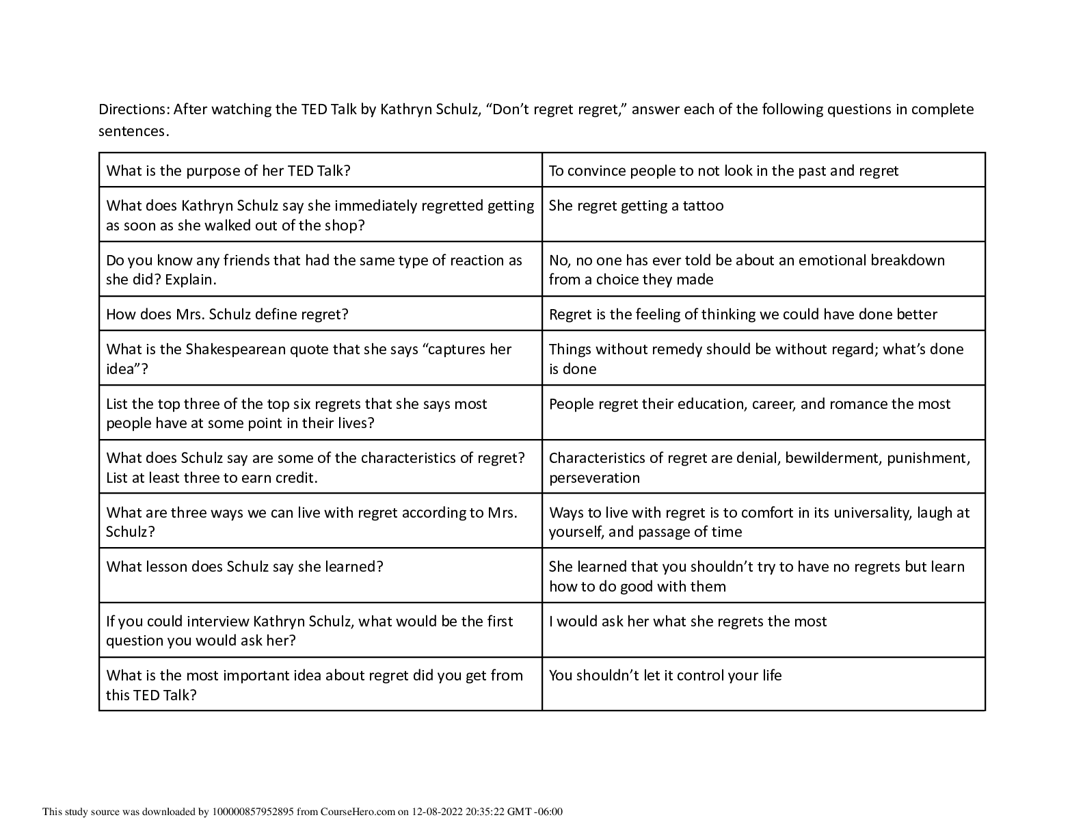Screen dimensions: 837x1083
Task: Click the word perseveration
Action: click(594, 478)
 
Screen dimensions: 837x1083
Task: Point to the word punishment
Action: click(928, 458)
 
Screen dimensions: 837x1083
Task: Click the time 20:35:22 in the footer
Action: click(483, 812)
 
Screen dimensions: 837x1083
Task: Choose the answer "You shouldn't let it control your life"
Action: click(665, 676)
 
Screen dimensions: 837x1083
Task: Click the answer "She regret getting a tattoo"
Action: click(636, 206)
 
